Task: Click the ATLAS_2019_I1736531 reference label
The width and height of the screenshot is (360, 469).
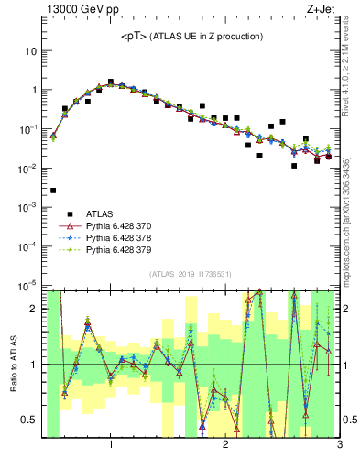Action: pos(191,274)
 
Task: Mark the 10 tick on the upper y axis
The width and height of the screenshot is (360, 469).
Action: pos(30,51)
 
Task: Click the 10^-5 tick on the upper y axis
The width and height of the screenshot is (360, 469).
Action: pos(27,286)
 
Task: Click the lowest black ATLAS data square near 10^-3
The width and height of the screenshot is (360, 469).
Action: pos(53,191)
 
